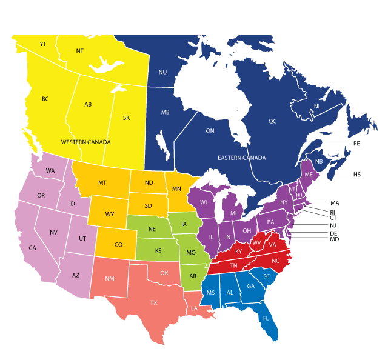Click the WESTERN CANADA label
coord(85,142)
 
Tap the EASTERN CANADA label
coord(241,158)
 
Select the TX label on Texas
coord(154,302)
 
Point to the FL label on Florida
coord(266,318)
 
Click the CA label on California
coord(33,248)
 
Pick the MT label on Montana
coord(102,183)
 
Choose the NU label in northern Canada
coord(162,72)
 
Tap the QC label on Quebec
coord(272,121)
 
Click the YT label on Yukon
coord(43,44)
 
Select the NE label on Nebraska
coord(152,229)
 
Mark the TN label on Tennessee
coord(233,265)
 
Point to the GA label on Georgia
coord(250,287)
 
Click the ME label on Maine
coord(309,175)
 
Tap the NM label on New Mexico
coord(109,279)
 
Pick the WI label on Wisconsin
coord(204,202)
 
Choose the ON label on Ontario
coord(210,131)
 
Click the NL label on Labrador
coord(317,107)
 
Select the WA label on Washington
coord(50,171)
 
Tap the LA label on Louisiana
coord(195,308)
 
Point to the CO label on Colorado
coord(118,245)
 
